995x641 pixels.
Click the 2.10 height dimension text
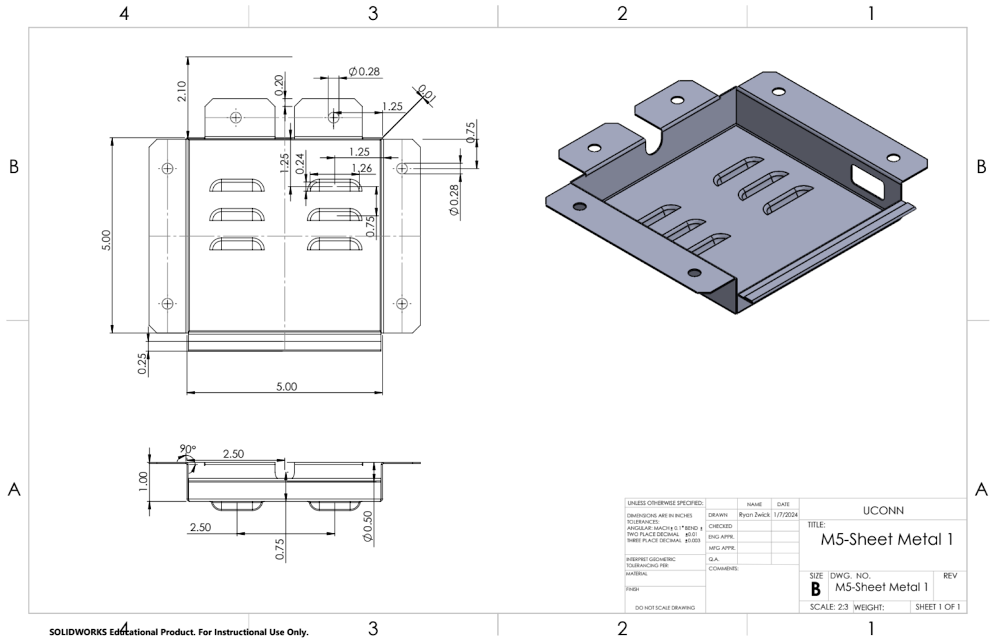tap(182, 91)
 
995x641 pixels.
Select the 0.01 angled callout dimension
tap(427, 94)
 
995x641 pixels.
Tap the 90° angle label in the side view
tap(187, 449)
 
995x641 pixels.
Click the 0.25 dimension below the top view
tap(142, 363)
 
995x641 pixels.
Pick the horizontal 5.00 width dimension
tap(286, 386)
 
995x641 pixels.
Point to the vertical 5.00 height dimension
tap(106, 240)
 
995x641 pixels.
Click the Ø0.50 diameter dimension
tap(368, 526)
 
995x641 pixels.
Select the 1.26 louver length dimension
tap(361, 168)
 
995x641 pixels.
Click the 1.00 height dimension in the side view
tap(143, 481)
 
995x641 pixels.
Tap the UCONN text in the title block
tap(883, 510)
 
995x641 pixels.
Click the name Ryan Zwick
tap(754, 515)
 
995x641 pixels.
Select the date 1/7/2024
tap(785, 515)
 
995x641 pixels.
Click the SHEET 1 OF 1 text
tap(938, 607)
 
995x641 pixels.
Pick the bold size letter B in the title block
tap(815, 589)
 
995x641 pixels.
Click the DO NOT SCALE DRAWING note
tap(665, 607)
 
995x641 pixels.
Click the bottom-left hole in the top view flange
tap(167, 304)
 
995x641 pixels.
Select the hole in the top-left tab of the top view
tap(236, 117)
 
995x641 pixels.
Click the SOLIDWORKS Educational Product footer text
tap(178, 632)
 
